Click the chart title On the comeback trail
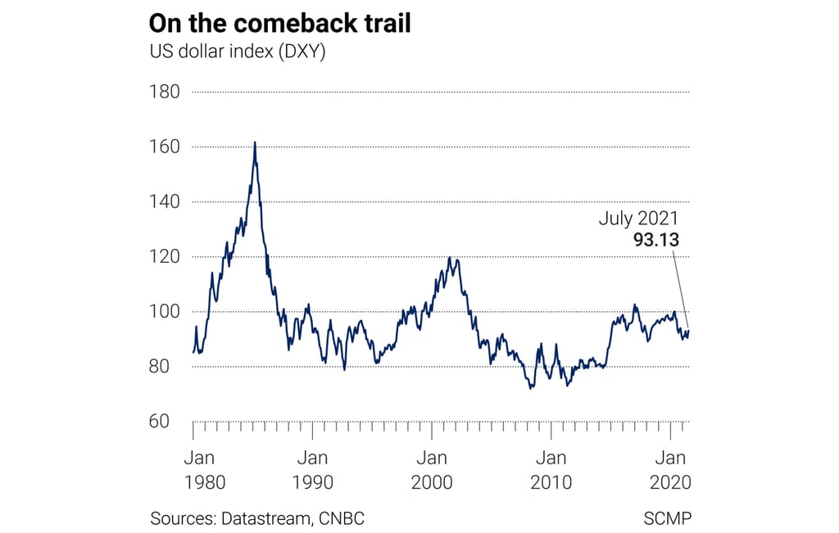279,23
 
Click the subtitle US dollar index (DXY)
238,52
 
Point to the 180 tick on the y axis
164,92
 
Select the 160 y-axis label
164,147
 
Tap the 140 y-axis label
164,201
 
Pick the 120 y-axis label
164,256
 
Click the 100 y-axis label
164,312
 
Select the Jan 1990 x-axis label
312,469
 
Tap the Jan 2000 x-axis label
432,469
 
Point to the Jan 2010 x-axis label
551,469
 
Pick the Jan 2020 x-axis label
671,469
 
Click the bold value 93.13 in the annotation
655,240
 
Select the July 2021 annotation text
638,219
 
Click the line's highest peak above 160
255,142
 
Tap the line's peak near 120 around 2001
450,258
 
